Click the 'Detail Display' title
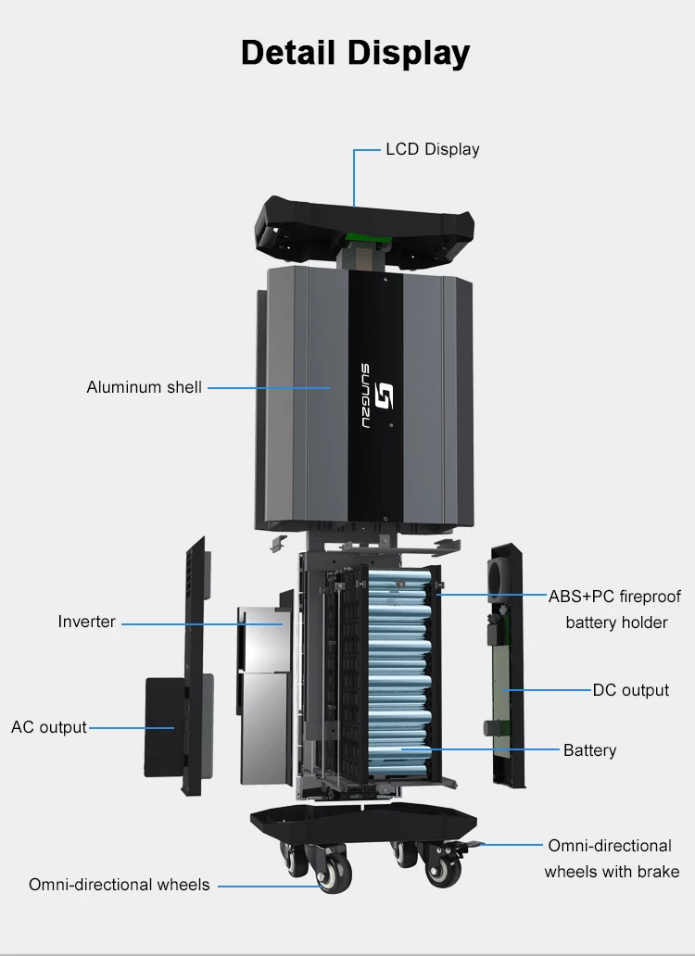coord(355,52)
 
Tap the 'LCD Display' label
coord(432,149)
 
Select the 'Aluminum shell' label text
coord(144,387)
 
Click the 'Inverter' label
coord(86,622)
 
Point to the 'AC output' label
coord(49,727)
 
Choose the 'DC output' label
coord(630,690)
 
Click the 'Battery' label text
coord(589,750)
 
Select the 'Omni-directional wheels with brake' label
coord(611,858)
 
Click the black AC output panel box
coord(167,726)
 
